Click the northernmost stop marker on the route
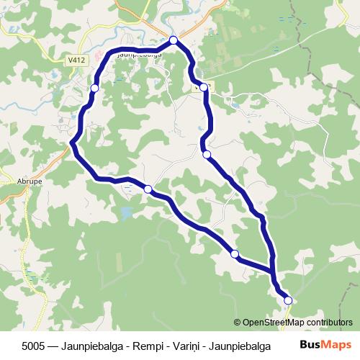coord(174,40)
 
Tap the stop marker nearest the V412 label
coord(94,88)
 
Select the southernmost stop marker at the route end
coord(288,300)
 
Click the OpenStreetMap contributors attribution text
coord(297,323)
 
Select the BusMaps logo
coord(325,345)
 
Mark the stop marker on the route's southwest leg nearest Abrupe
coord(148,189)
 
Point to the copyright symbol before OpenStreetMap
coord(237,323)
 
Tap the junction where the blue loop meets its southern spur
coord(274,272)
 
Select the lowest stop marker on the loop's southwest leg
coord(234,253)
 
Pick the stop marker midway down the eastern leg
coord(207,154)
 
